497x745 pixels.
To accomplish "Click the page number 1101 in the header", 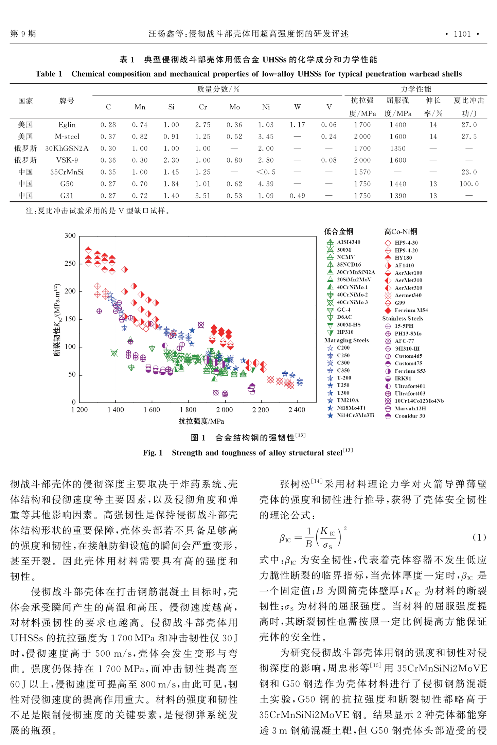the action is coord(462,34).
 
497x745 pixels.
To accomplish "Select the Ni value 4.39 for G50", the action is coord(266,184).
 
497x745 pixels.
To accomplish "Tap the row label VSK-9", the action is coord(67,160).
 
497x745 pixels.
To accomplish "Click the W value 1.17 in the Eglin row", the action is coord(297,125).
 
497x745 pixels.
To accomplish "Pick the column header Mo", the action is coord(234,107).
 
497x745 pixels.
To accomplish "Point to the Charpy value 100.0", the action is coord(469,184).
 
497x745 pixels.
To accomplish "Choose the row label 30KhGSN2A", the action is coord(67,148).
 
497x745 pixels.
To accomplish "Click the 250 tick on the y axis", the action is coord(70,263).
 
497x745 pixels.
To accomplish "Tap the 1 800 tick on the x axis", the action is coord(188,410).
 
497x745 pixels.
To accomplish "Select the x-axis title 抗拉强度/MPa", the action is coord(201,421).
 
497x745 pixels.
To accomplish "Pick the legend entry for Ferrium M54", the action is coord(406,310).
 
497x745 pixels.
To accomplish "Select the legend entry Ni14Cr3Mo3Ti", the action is coord(351,415).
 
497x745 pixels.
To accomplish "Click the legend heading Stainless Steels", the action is coord(403,318).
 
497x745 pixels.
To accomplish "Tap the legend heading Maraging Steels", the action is coord(347,340).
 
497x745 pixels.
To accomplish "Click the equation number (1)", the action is coord(479,537).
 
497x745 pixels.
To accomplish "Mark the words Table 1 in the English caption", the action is coord(49,74).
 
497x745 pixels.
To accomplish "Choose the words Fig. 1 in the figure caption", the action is coord(153,453).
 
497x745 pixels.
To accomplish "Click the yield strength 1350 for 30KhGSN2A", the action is coord(398,148).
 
